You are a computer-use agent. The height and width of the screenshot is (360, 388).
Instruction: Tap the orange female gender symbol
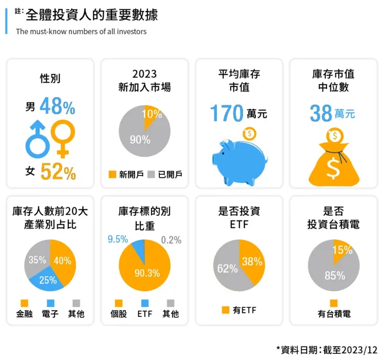point(62,137)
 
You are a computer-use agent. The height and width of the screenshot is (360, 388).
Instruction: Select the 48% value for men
point(57,107)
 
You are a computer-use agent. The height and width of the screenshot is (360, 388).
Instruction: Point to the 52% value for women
point(58,172)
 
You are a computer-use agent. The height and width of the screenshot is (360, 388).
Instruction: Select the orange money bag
point(333,160)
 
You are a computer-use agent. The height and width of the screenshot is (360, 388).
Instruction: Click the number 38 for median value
point(320,113)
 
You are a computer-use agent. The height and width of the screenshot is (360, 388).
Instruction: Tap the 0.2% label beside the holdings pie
point(171,240)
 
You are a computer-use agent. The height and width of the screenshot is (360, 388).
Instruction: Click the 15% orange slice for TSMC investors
point(341,250)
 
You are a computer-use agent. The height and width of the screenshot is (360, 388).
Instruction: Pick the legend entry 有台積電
point(333,314)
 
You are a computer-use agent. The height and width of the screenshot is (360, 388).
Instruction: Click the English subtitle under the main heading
point(81,31)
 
